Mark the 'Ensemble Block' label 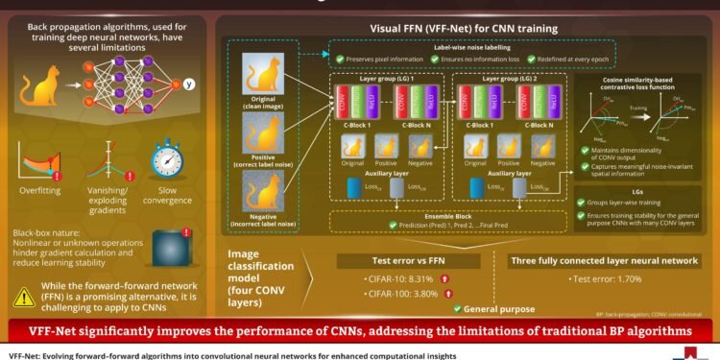click(x=450, y=215)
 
